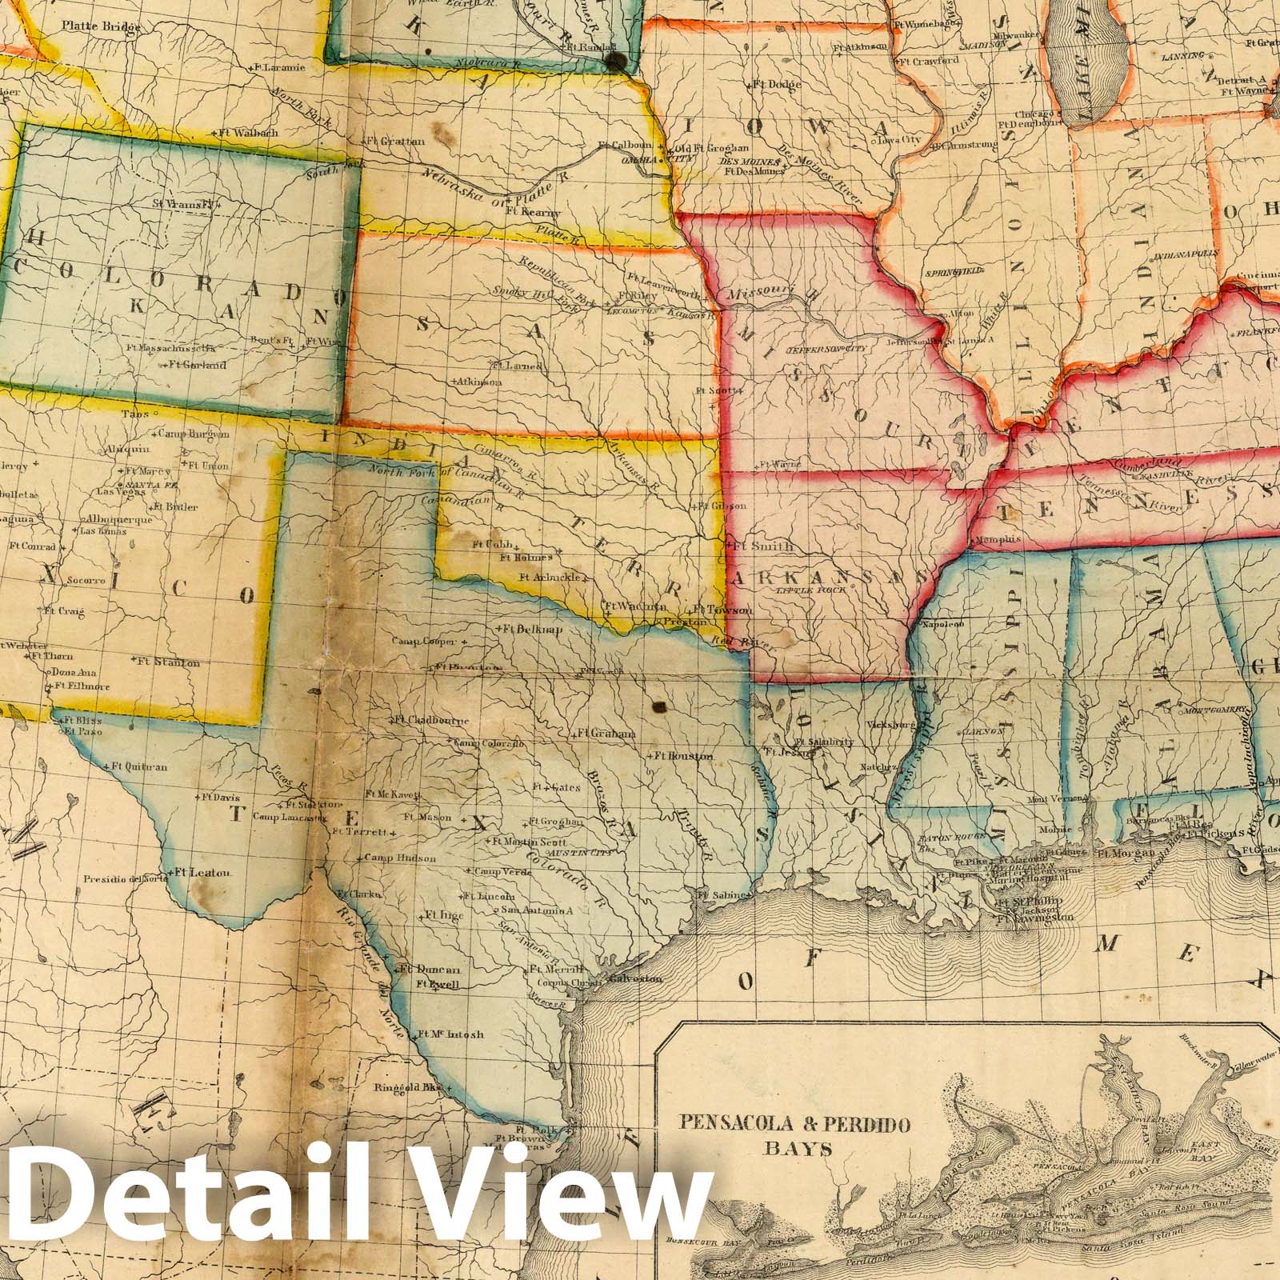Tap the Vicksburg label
890,725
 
